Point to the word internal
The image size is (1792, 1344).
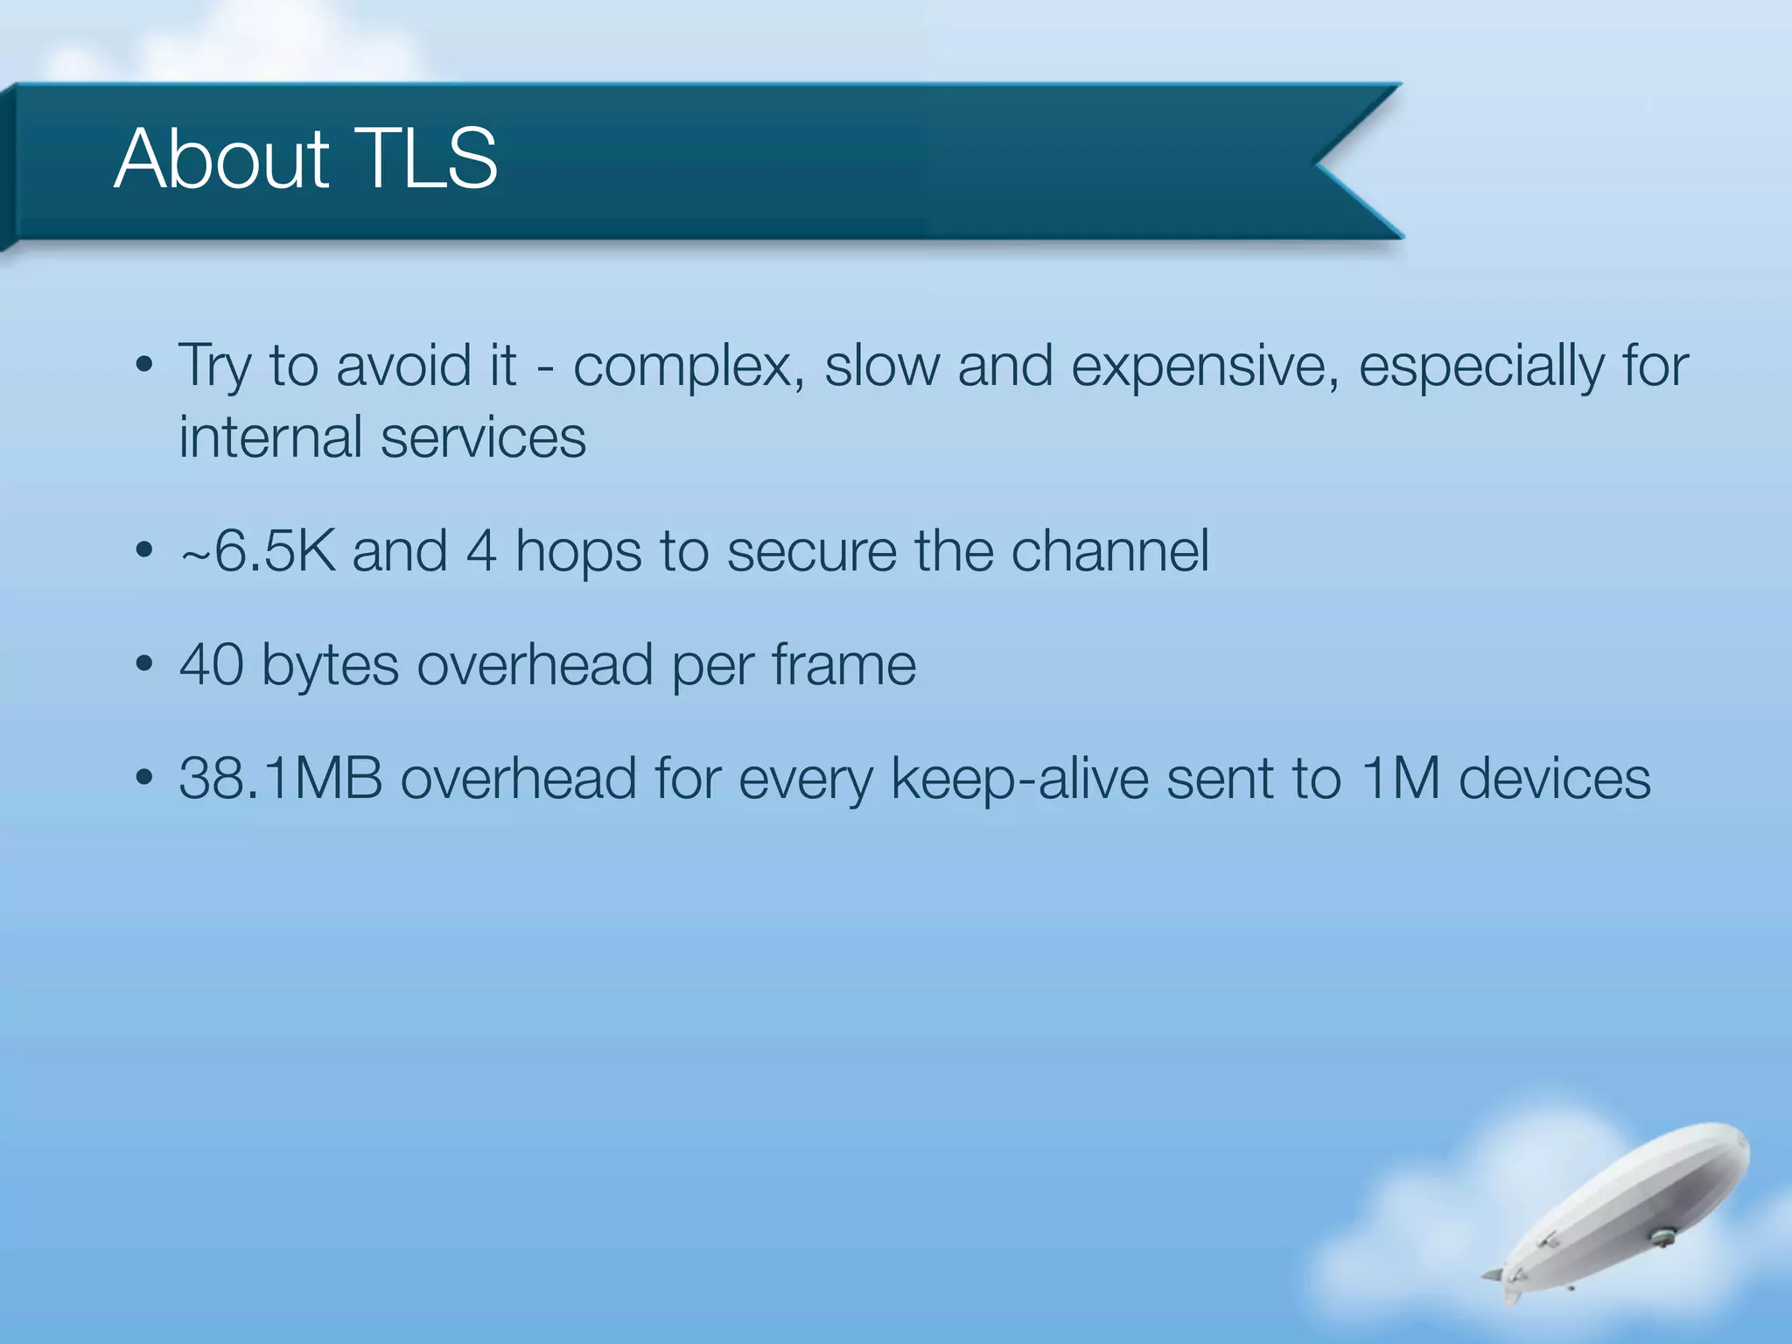pos(271,437)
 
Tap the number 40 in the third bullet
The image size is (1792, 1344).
pos(211,665)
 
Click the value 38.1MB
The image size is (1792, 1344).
pos(281,779)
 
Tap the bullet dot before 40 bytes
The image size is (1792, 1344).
pos(145,665)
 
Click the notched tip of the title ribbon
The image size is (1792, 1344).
pos(1321,162)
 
